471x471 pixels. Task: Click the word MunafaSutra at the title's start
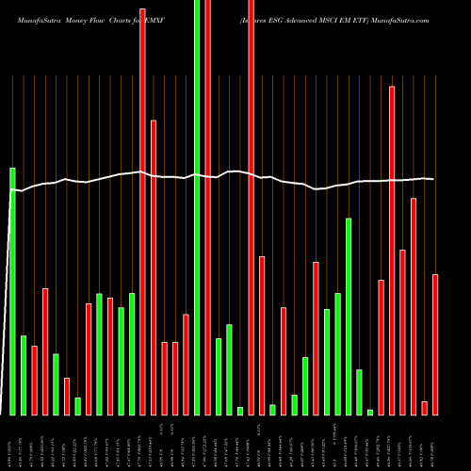29,19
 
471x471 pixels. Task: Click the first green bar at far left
13,291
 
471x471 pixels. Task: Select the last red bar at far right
435,344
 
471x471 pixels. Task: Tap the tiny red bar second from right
424,407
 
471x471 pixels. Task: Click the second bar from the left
24,375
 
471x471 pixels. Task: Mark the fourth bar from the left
45,350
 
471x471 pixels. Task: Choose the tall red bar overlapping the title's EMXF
143,211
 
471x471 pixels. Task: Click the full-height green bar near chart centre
197,207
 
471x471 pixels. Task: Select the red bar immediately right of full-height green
207,207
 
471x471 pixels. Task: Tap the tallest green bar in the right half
349,316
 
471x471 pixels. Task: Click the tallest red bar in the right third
392,250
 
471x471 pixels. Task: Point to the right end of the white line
432,179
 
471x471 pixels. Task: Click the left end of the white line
11,190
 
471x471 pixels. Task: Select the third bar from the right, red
414,306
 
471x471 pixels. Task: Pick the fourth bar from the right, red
402,332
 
